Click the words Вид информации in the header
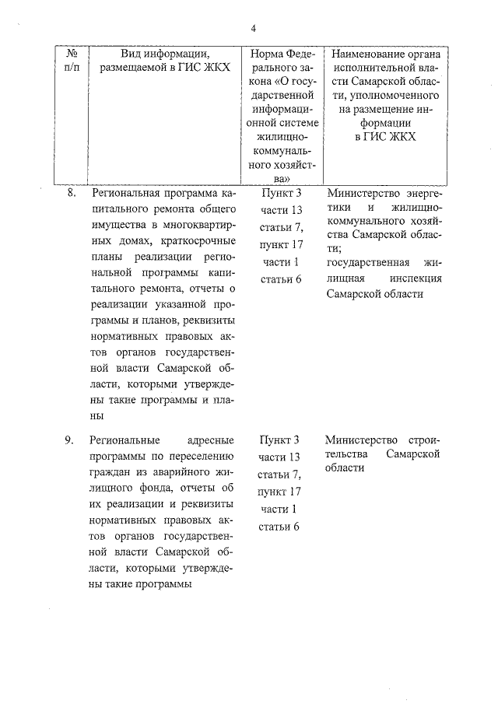[x=165, y=54]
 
